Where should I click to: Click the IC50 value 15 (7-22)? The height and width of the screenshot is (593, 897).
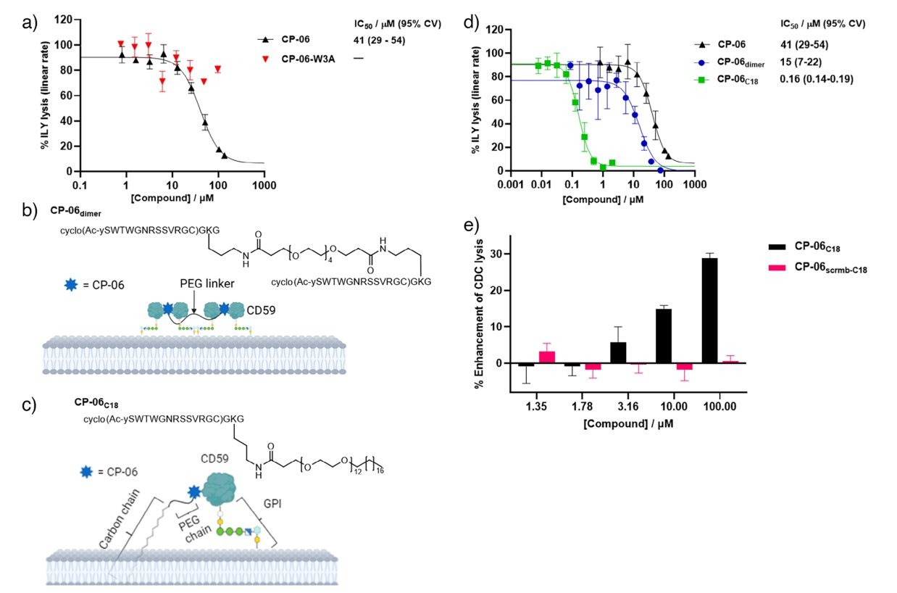coord(802,62)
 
